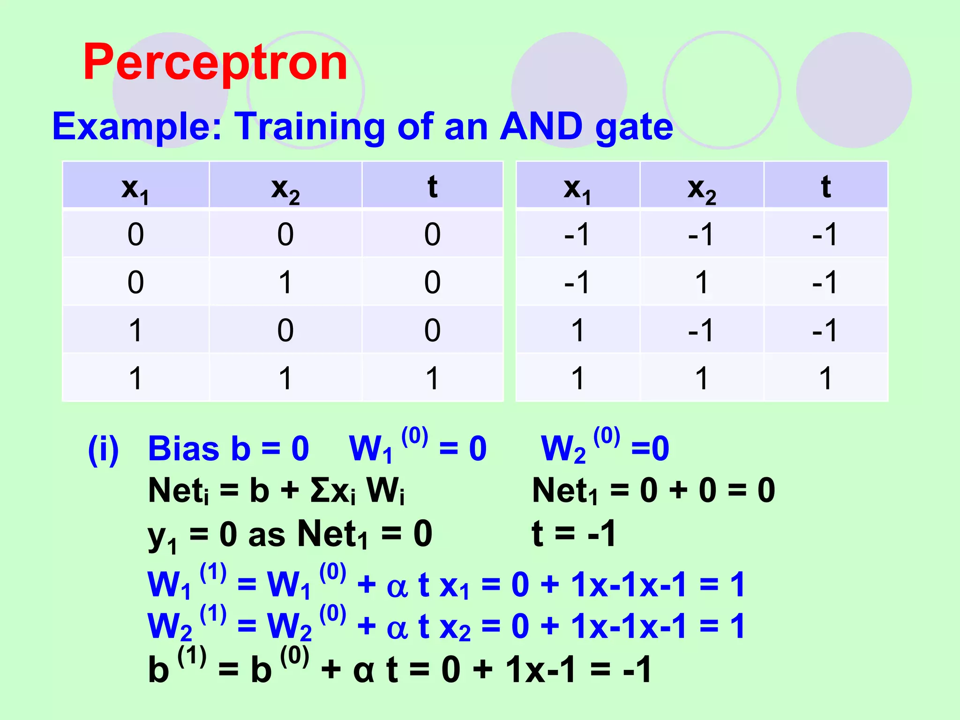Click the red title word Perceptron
(215, 62)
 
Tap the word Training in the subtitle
(310, 127)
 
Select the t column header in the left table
(432, 187)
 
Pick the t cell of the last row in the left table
(432, 378)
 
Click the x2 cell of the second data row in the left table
(285, 282)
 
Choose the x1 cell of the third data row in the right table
(577, 330)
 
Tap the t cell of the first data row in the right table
(825, 234)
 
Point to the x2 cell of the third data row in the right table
(701, 330)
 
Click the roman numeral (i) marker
(104, 449)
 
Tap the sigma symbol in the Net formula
(319, 490)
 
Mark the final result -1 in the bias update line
(637, 669)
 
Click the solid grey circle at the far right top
(854, 90)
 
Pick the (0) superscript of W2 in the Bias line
(607, 436)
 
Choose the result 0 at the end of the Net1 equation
(766, 490)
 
